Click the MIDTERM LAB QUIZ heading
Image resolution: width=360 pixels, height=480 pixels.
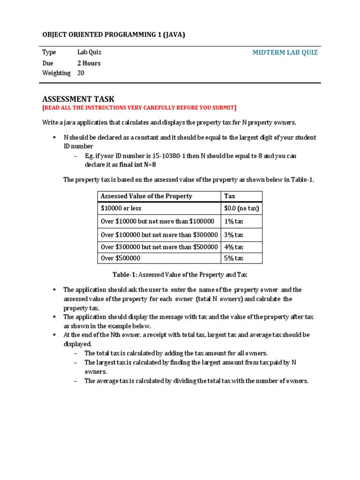click(285, 52)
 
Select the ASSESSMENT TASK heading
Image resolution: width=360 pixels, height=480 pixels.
click(78, 98)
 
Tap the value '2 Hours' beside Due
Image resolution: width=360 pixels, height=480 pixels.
click(89, 63)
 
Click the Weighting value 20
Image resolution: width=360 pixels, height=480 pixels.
click(81, 73)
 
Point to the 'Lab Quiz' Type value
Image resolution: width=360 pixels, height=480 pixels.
click(90, 52)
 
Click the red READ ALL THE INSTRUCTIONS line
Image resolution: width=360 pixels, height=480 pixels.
click(139, 108)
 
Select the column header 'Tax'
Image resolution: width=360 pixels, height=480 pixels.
click(230, 196)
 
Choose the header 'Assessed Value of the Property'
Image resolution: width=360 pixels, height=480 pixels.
click(146, 196)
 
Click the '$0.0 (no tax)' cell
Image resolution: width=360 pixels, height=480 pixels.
click(241, 208)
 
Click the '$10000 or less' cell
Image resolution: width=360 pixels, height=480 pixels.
click(121, 208)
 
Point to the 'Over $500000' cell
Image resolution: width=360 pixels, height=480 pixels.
click(120, 258)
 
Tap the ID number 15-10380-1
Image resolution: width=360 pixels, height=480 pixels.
click(162, 156)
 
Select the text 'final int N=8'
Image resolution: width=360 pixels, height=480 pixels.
click(140, 165)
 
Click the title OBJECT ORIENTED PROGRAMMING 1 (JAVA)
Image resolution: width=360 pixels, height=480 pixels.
click(114, 35)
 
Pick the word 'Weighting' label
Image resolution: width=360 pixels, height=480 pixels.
click(56, 73)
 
